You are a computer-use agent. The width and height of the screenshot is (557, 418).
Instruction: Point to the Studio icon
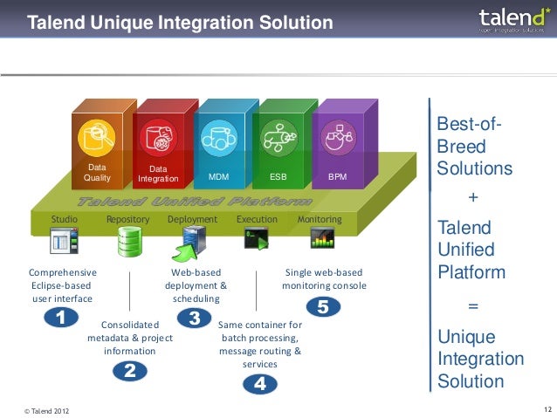pyautogui.click(x=65, y=239)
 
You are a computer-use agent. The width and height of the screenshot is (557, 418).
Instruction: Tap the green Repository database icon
pyautogui.click(x=128, y=239)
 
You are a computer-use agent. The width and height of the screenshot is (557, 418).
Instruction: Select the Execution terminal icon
pyautogui.click(x=257, y=236)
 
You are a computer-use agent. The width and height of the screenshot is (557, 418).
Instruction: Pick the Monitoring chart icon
pyautogui.click(x=322, y=237)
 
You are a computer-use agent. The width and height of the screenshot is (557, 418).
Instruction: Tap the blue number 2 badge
pyautogui.click(x=129, y=371)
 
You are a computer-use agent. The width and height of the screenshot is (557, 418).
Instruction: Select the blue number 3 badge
pyautogui.click(x=194, y=316)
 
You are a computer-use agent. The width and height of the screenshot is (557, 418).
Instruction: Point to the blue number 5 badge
pyautogui.click(x=323, y=307)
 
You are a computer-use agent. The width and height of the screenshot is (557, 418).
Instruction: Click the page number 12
pyautogui.click(x=547, y=408)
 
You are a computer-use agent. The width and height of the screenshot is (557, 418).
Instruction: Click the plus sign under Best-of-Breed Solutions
pyautogui.click(x=474, y=198)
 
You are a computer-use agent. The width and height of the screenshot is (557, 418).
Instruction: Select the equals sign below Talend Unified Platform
pyautogui.click(x=474, y=306)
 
